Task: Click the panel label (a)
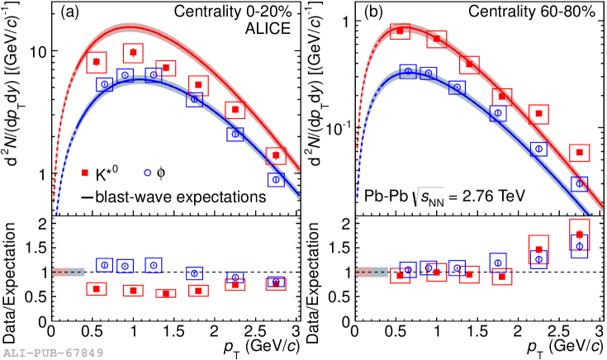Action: [68, 14]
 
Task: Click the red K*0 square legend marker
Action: [85, 173]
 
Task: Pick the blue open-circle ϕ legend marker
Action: [148, 173]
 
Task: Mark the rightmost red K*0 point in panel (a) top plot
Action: [276, 155]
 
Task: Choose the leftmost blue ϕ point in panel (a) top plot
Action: [104, 84]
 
